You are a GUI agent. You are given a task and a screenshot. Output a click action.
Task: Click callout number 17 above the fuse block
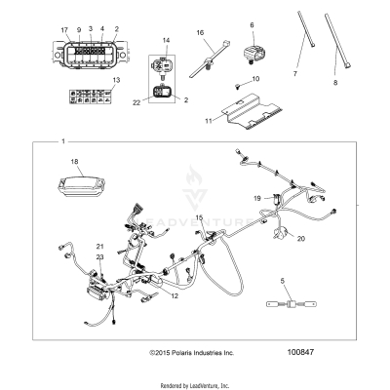pyautogui.click(x=64, y=30)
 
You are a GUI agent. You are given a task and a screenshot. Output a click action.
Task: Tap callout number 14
pyautogui.click(x=166, y=40)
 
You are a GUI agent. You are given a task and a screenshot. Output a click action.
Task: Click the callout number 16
pyautogui.click(x=202, y=32)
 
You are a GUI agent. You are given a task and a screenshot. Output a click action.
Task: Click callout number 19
pyautogui.click(x=256, y=198)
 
